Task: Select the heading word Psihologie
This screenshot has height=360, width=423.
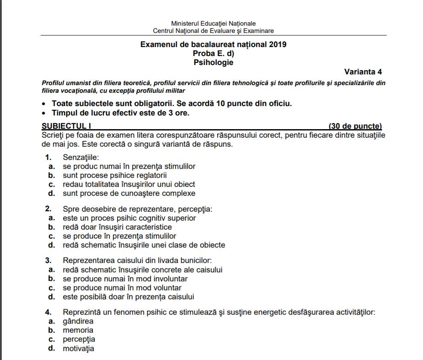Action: click(x=213, y=62)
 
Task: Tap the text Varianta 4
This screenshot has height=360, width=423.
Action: click(x=363, y=72)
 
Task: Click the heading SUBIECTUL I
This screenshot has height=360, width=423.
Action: click(x=66, y=126)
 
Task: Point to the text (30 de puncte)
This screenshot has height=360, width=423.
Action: click(x=355, y=126)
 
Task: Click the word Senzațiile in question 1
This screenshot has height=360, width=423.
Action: click(x=81, y=157)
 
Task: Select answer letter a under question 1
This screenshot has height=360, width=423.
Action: click(x=51, y=166)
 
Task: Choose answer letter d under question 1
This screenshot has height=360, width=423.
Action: click(x=51, y=193)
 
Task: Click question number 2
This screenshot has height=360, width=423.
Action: click(x=48, y=209)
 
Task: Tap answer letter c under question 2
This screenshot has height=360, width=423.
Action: click(x=51, y=236)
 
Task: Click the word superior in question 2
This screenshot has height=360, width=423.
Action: click(x=181, y=218)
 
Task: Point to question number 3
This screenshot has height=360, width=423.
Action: click(x=48, y=260)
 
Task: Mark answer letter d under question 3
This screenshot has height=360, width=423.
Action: click(x=51, y=297)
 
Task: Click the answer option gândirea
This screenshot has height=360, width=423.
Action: click(x=78, y=321)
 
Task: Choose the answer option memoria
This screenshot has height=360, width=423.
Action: click(x=78, y=330)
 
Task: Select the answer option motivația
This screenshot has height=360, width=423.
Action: click(x=78, y=348)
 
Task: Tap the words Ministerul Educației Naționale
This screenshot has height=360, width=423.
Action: click(x=213, y=24)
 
